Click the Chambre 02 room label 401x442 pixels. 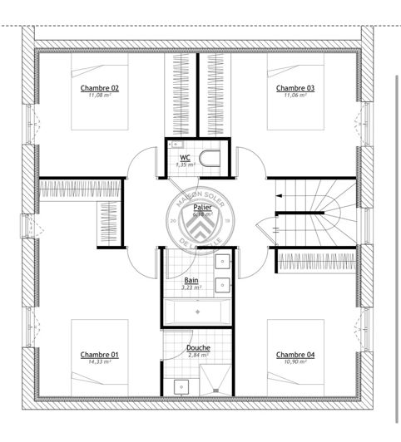[99, 87]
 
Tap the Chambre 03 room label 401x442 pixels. [295, 87]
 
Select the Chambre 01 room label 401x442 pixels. [99, 354]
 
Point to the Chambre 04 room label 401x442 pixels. [295, 354]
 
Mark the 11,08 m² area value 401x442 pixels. [99, 95]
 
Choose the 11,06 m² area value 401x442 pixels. [295, 95]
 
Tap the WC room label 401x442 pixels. [185, 157]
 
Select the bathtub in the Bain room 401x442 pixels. [198, 312]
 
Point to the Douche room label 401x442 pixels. [198, 348]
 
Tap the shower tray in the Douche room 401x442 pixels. [215, 378]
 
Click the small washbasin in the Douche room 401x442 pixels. [179, 386]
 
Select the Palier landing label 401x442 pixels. [200, 207]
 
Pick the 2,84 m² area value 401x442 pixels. [198, 356]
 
